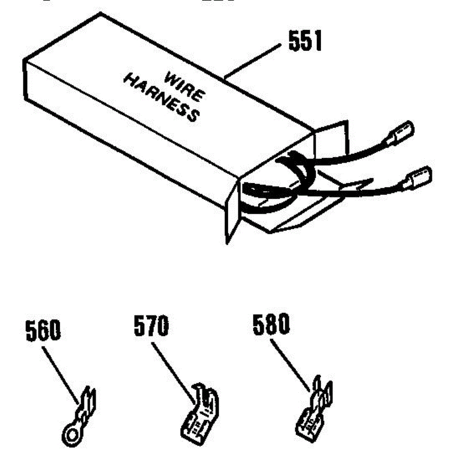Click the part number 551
click(x=305, y=41)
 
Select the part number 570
click(x=151, y=326)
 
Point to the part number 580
click(x=271, y=325)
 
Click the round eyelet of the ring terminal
click(x=71, y=433)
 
